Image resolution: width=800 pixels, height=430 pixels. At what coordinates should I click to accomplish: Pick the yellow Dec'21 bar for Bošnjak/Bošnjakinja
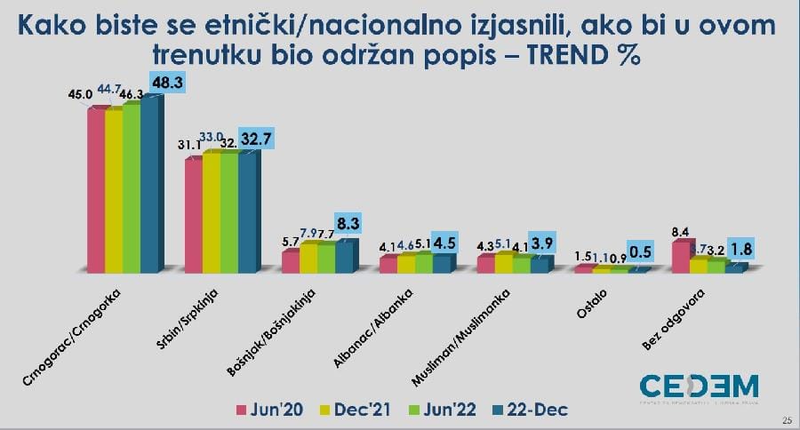(308, 257)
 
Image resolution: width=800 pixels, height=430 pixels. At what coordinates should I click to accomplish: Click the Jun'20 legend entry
(272, 410)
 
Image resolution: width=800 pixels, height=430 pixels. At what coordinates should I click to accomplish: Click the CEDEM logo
(699, 388)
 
